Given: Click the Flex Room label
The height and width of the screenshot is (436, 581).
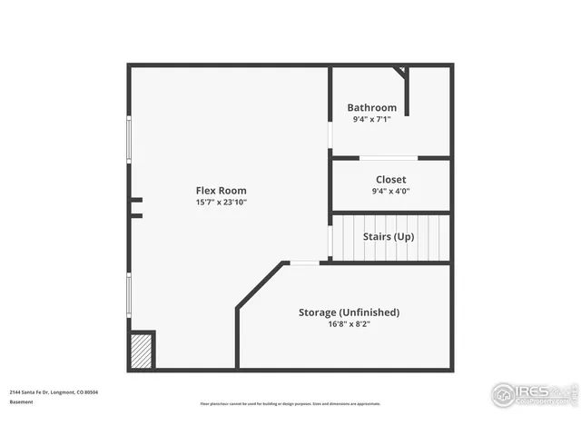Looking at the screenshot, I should tap(221, 191).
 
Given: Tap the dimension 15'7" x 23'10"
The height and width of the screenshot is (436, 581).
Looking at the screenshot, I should tap(221, 203).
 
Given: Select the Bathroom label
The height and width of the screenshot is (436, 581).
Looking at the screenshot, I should tap(372, 107).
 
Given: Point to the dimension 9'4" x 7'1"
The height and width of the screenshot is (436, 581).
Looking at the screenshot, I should tap(372, 119).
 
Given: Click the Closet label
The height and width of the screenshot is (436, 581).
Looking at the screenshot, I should tap(390, 180).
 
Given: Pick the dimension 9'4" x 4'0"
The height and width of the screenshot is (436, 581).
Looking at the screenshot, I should tap(390, 192).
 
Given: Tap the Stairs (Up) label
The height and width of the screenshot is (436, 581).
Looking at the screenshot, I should tap(389, 236).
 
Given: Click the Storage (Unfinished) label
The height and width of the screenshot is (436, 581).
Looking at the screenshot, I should tap(349, 312).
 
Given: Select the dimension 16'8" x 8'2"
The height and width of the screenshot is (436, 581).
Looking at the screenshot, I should tap(349, 324).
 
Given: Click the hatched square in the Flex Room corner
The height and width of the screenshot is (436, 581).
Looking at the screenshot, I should tap(142, 350).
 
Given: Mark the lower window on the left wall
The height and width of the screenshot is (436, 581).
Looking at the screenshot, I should tap(129, 295).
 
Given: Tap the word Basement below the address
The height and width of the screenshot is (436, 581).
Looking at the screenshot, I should tap(21, 401).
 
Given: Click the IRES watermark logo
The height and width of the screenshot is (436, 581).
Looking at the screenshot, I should tap(534, 393).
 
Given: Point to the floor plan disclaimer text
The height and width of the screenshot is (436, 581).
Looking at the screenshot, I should tap(290, 404).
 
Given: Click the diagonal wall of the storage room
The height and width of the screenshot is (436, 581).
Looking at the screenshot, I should tap(260, 285).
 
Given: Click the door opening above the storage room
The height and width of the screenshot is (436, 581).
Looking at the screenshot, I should tap(304, 263).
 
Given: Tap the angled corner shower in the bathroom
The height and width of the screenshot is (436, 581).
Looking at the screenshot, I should tap(400, 72).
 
